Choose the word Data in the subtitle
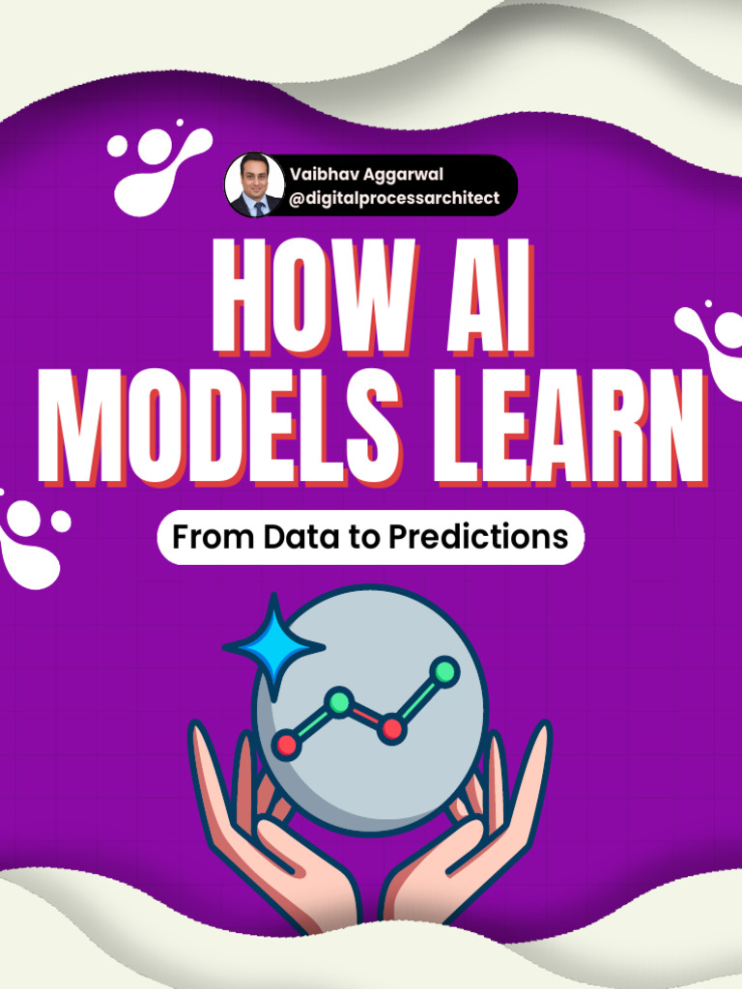click(301, 537)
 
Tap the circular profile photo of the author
click(253, 184)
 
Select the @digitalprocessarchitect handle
click(394, 199)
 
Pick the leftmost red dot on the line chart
click(287, 745)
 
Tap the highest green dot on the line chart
click(443, 671)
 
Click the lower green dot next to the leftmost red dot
click(338, 702)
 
